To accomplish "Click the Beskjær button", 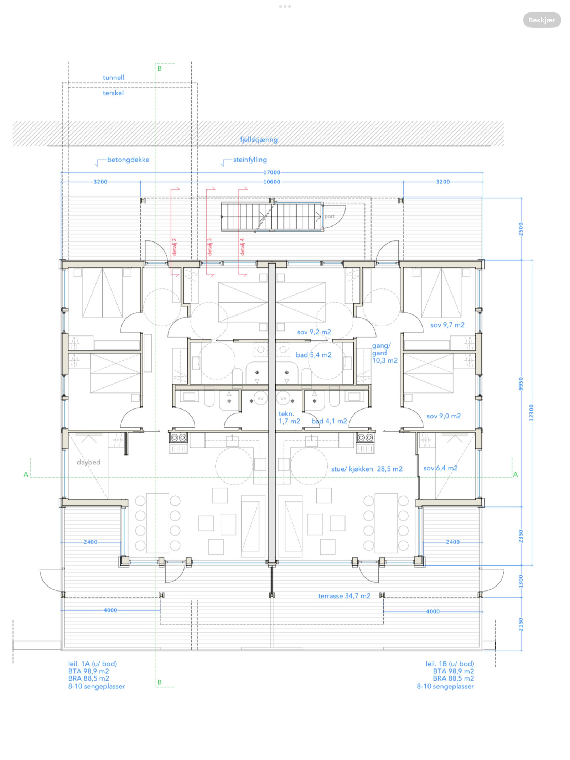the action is point(541,20).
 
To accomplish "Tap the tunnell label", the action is point(113,77).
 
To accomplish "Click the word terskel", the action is point(113,93).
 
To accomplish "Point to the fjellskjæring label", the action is point(259,140).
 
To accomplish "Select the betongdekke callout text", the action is point(128,160).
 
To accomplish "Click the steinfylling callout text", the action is point(250,160).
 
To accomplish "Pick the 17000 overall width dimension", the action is point(272,172).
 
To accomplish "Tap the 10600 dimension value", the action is point(272,182).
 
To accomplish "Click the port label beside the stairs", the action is point(329,216).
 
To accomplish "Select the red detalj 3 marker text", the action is point(209,247).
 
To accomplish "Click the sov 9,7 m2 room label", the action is point(447,325).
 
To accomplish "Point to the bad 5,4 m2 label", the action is point(313,355).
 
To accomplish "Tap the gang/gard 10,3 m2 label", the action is point(385,353).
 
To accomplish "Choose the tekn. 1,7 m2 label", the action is point(289,417).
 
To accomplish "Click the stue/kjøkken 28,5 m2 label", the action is point(367,469).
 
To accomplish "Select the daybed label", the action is point(88,462).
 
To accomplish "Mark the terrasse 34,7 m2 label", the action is point(344,596).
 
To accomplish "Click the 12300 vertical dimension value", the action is point(531,412).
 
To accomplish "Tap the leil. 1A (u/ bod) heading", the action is point(93,663).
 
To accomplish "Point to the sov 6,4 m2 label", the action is point(440,468).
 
